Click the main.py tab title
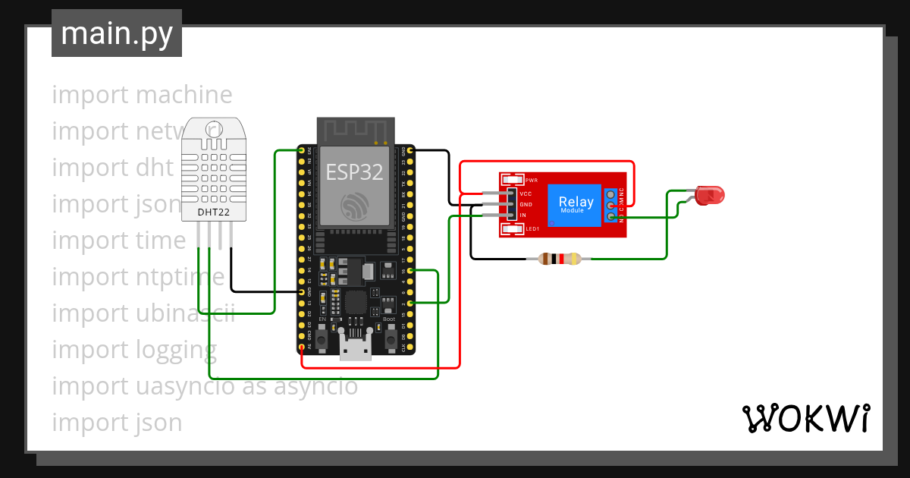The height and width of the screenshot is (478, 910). click(x=116, y=33)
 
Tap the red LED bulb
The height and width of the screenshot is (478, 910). click(x=709, y=195)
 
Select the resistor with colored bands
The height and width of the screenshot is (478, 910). click(x=559, y=259)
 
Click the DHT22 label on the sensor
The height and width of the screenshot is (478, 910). click(x=213, y=212)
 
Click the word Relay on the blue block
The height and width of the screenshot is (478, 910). click(x=576, y=202)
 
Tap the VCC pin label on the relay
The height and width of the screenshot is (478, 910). click(x=526, y=193)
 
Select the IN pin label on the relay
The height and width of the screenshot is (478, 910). click(x=522, y=215)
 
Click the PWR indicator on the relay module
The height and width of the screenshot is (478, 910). click(x=512, y=180)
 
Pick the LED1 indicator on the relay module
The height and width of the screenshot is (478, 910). click(x=512, y=228)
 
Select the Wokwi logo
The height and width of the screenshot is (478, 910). click(x=805, y=418)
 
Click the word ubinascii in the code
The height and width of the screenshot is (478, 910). click(x=186, y=313)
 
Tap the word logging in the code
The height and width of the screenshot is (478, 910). click(x=176, y=349)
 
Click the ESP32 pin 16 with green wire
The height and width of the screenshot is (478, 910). click(x=410, y=270)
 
